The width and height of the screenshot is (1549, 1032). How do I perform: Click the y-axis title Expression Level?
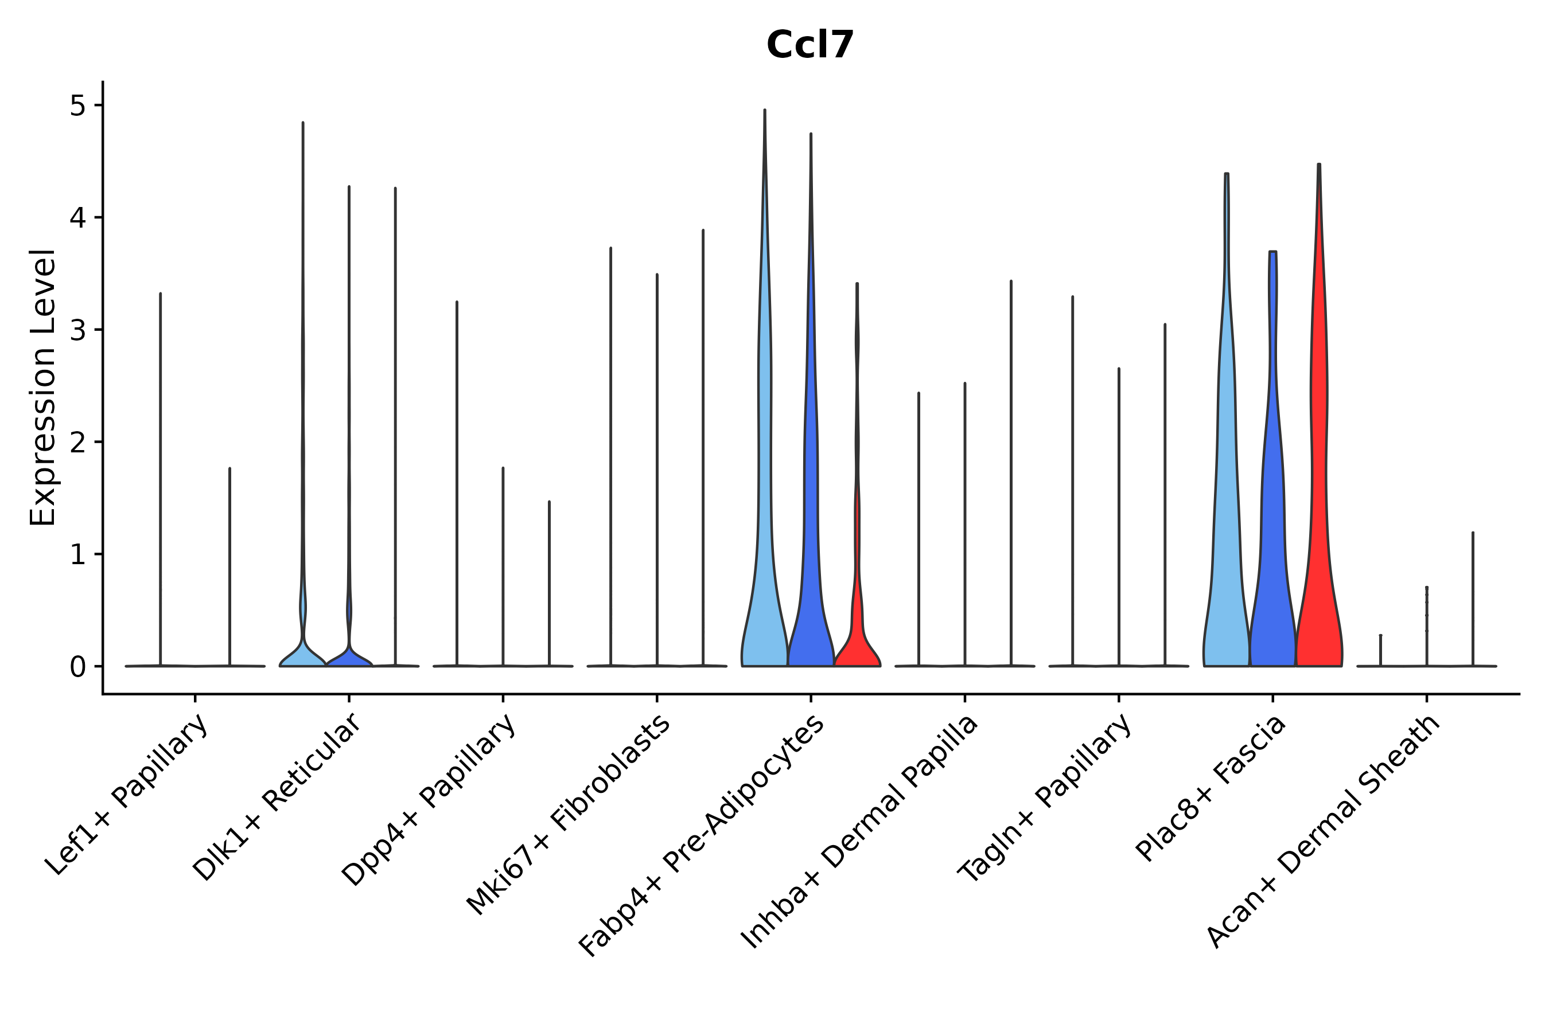(43, 387)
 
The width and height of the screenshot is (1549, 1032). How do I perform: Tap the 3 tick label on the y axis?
(77, 330)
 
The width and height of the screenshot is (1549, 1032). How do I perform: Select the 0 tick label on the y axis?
(77, 667)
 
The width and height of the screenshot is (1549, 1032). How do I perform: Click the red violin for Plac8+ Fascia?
(1318, 526)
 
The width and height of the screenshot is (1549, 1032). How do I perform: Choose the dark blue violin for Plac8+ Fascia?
(1272, 560)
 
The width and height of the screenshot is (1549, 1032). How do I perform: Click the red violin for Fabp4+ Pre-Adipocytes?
(857, 632)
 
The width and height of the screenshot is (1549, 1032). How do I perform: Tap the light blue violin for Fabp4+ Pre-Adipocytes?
(765, 560)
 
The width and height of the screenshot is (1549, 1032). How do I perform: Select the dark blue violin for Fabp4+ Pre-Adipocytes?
(811, 560)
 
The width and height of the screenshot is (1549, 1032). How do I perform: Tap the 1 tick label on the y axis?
(77, 555)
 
